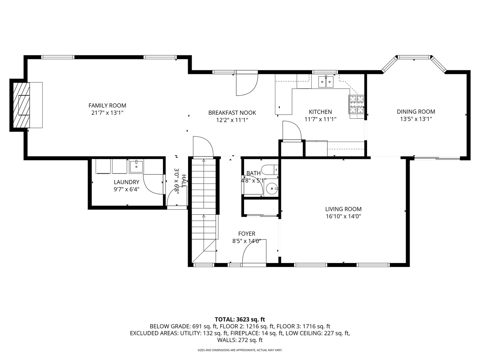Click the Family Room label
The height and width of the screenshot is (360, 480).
coord(107,106)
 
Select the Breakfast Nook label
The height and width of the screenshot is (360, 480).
coord(232,113)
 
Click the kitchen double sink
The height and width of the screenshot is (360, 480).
coord(326,82)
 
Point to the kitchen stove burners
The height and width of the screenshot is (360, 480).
coord(356,104)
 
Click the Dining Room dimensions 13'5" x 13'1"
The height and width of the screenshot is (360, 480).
coord(416,119)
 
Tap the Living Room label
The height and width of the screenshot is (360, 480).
coord(343,209)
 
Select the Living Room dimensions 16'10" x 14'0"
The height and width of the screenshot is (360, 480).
coord(343,216)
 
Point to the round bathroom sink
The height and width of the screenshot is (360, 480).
coord(272,189)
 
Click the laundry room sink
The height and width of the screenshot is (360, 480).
coord(136,166)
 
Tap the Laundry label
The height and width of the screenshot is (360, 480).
coord(126,182)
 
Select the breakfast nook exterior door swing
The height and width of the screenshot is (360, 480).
coord(247,83)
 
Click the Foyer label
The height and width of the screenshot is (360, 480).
coord(247,234)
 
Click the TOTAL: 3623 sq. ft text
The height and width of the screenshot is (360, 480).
coord(240,319)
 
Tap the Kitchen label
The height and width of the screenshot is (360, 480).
coord(320,112)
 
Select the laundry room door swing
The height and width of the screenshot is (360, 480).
coord(154,184)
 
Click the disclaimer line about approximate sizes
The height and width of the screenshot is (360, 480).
coord(240,350)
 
